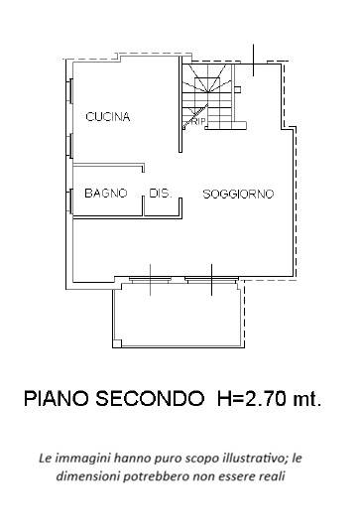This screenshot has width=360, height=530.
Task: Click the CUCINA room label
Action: coord(108,117)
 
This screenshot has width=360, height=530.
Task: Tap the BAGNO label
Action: coord(105,193)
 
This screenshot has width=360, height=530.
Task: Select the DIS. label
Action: coord(161,193)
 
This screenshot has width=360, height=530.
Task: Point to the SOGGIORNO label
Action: coord(238,194)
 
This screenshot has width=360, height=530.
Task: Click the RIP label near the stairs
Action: coord(197,122)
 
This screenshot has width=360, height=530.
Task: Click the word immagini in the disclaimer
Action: coord(84,459)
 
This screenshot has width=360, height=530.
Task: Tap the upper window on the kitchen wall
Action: coord(70,91)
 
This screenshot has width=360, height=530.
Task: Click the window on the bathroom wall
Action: coord(70,200)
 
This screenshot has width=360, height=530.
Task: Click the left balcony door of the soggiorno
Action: coord(149,281)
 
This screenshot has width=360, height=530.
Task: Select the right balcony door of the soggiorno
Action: coord(211,281)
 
